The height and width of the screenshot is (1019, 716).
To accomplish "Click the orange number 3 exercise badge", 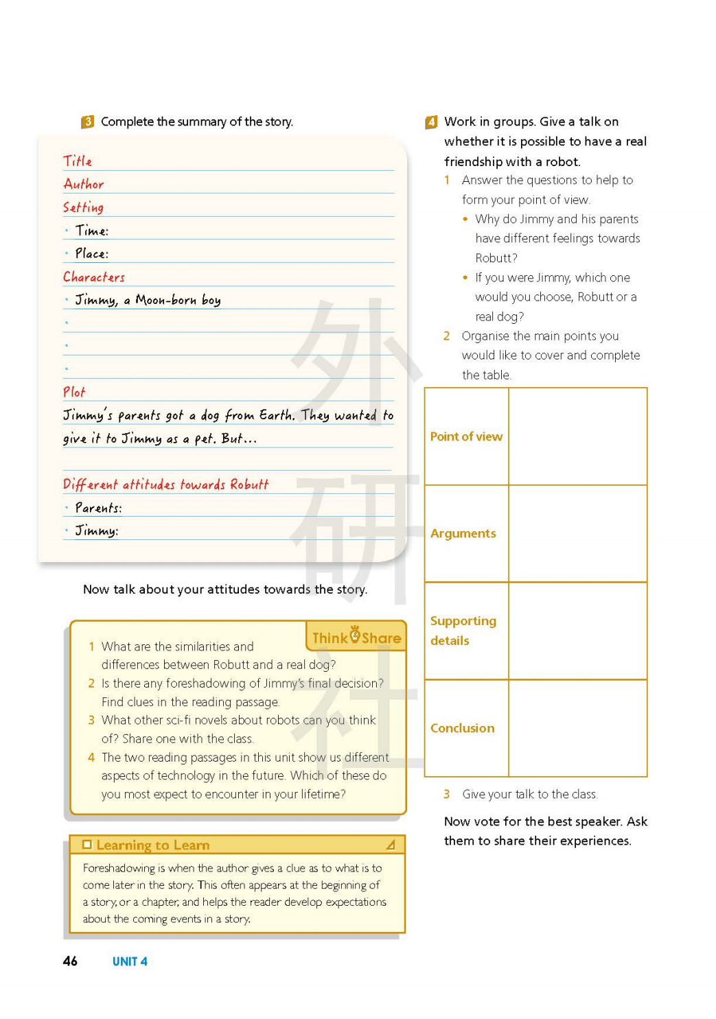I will click(x=87, y=121).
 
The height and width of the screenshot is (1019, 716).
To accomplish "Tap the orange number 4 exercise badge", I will click(x=431, y=122).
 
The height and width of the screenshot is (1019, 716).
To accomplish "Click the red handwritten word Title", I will click(x=78, y=161).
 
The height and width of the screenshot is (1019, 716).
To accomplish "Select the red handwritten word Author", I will click(x=84, y=184).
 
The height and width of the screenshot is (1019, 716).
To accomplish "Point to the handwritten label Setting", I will click(x=83, y=207).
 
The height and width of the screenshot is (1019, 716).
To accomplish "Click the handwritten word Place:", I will click(x=92, y=254).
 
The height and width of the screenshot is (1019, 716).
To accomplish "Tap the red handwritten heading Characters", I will click(x=94, y=277).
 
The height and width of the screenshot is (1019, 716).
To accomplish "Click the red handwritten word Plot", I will click(x=74, y=393).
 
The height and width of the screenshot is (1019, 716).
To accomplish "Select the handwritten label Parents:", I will click(x=98, y=508).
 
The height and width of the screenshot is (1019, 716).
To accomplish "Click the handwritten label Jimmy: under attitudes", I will click(x=97, y=530).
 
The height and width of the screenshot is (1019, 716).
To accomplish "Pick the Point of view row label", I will click(x=466, y=436).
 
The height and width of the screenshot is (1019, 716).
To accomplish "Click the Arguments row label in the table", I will click(x=463, y=533).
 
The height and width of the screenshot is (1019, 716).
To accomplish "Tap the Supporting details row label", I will click(x=463, y=630).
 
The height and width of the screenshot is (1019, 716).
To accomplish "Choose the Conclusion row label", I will click(x=462, y=728).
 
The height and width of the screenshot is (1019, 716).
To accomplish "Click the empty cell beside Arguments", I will click(x=577, y=533).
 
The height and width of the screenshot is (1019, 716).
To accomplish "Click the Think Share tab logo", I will click(x=356, y=637).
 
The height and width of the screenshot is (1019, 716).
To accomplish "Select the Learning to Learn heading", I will click(x=153, y=845).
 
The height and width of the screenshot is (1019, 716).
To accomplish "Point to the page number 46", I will click(x=70, y=961).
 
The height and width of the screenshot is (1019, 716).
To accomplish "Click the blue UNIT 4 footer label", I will click(x=130, y=961).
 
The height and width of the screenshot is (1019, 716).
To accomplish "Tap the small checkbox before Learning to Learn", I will click(x=87, y=845).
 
